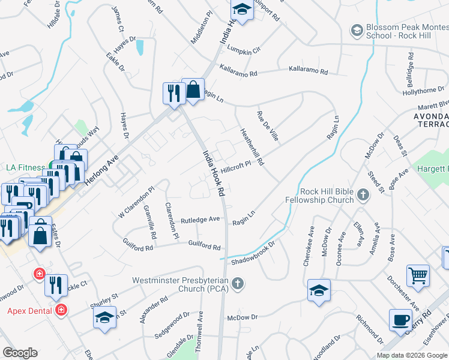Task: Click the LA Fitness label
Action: [x=26, y=167]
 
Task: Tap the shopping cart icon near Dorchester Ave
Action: [x=418, y=275]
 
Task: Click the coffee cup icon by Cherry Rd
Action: [x=400, y=320]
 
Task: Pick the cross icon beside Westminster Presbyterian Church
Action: [x=238, y=283]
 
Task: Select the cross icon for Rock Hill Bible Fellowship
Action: [x=363, y=194]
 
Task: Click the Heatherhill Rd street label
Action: [x=252, y=147]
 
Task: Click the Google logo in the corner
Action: [x=20, y=353]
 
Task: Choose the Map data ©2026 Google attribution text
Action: [x=412, y=355]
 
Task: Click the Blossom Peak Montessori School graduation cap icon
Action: [x=357, y=29]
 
